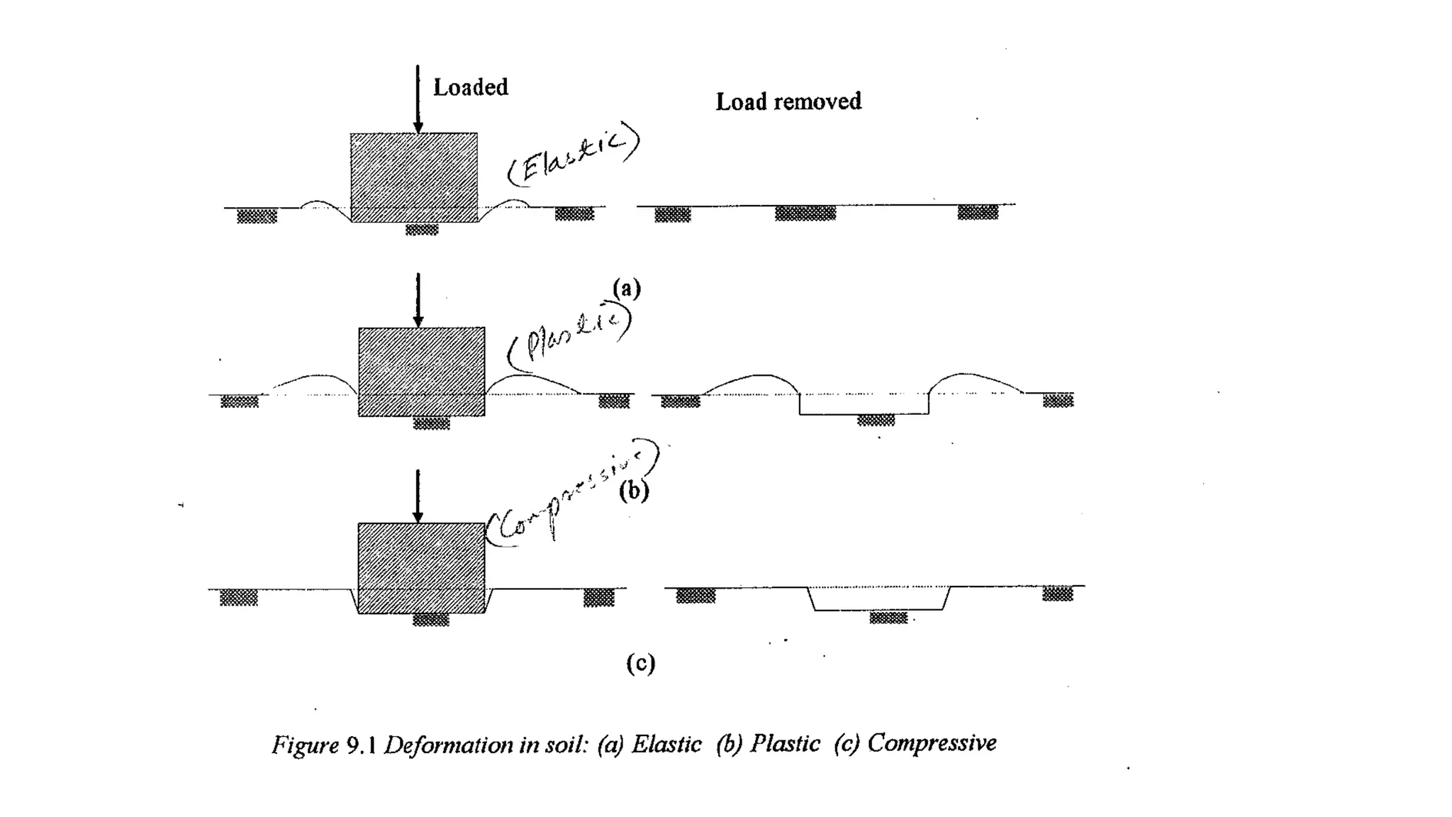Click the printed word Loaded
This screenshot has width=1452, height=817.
point(470,87)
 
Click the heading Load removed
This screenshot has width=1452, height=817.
point(788,101)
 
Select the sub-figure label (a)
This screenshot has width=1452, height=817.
point(627,288)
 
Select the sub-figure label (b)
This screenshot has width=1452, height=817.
point(634,491)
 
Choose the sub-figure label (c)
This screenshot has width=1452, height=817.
point(640,663)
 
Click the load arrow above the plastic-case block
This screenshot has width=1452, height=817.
point(418,299)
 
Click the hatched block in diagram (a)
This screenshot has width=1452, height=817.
point(414,177)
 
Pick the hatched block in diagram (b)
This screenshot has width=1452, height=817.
point(422,372)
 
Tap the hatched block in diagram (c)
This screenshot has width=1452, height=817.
point(421,567)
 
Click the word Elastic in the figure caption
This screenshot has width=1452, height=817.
point(666,744)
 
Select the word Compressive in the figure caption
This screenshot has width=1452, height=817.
point(932,743)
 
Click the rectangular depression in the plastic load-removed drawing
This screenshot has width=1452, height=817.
point(864,404)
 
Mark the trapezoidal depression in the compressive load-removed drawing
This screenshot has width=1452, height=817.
point(879,599)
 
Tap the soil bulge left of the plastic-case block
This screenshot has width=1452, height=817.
point(314,383)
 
